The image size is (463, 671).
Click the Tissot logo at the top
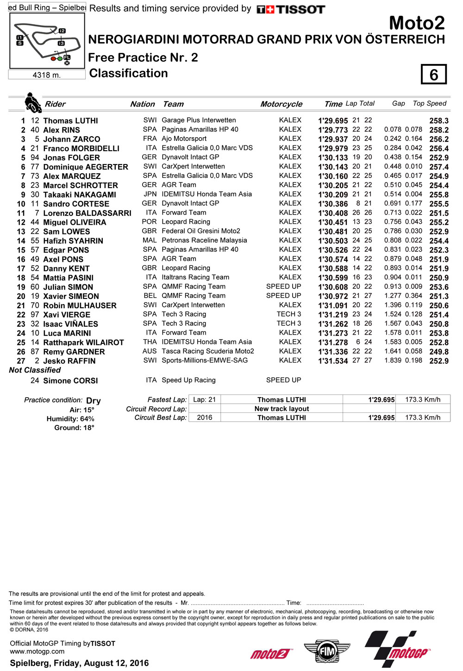click(291, 9)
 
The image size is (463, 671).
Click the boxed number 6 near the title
click(433, 75)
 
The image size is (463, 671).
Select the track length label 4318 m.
click(46, 75)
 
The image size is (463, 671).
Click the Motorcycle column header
click(281, 104)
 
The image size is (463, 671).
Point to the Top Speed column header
click(429, 103)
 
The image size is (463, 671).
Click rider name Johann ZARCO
click(71, 139)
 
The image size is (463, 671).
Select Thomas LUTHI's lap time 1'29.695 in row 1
click(333, 120)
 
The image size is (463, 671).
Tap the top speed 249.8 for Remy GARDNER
click(438, 352)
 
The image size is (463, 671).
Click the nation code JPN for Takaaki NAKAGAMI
click(150, 194)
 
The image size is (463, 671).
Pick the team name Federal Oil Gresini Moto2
click(201, 231)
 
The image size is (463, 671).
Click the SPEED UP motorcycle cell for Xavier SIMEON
click(283, 296)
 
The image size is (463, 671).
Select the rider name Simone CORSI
click(70, 380)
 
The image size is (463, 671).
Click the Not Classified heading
click(35, 370)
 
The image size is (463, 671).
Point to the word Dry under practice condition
click(93, 400)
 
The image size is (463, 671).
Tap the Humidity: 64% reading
click(70, 419)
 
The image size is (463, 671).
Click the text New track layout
click(282, 409)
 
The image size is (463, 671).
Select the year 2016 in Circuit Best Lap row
click(204, 418)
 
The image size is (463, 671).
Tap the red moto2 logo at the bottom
click(271, 654)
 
